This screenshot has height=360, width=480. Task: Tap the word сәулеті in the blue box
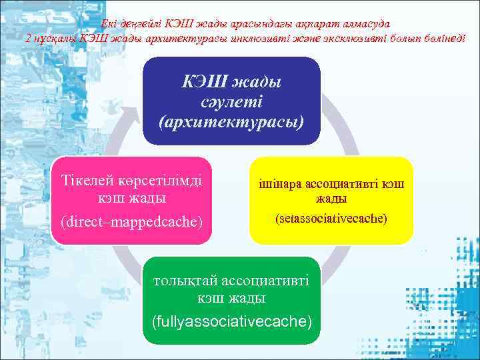231,102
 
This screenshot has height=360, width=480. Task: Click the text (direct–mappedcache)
131,220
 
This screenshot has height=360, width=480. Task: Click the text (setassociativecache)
331,218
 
